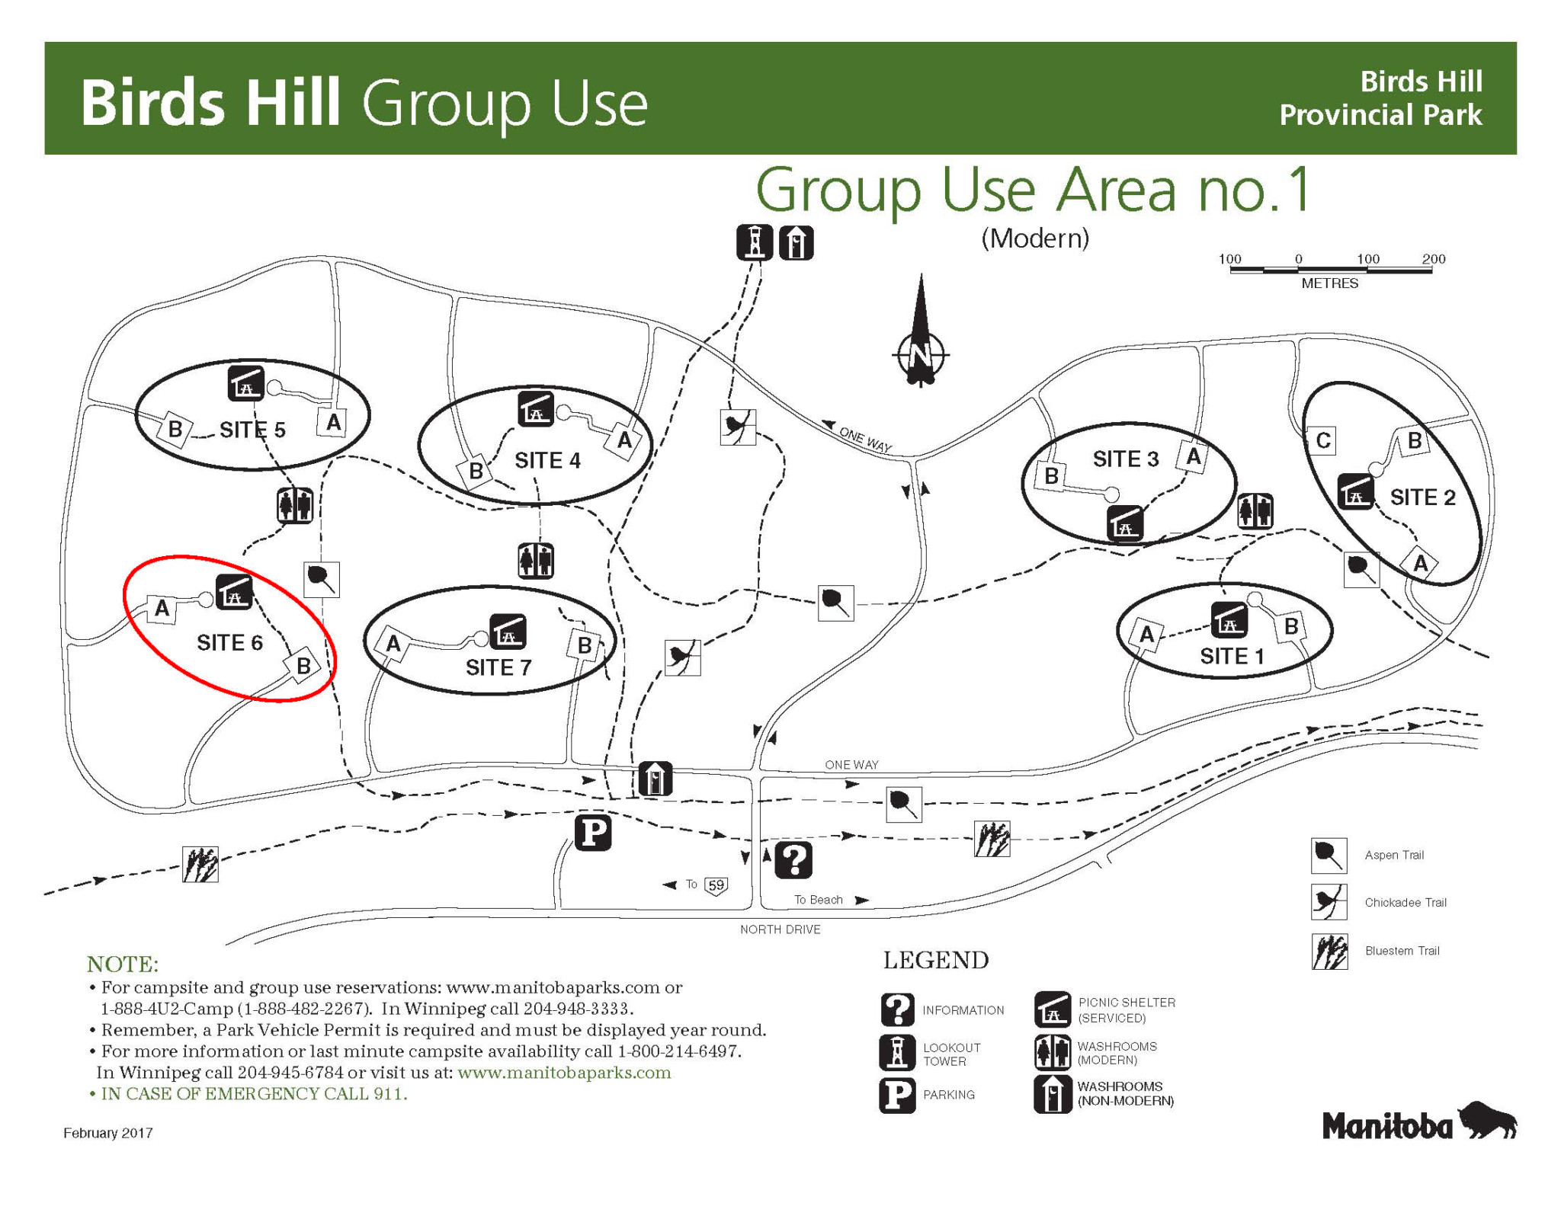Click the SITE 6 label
(229, 643)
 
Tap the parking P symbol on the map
(593, 832)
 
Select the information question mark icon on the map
(793, 860)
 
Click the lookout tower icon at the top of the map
(755, 242)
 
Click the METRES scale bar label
(1329, 283)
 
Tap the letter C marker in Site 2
(1323, 440)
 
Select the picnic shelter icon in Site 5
(245, 382)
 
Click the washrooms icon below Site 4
(536, 561)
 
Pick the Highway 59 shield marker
(716, 885)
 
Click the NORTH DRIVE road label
(780, 929)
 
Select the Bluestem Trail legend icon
(1329, 952)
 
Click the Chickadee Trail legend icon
(1329, 902)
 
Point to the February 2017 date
(108, 1133)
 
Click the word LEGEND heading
(936, 960)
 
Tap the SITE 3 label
(1126, 459)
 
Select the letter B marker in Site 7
(584, 645)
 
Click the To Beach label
(819, 900)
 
